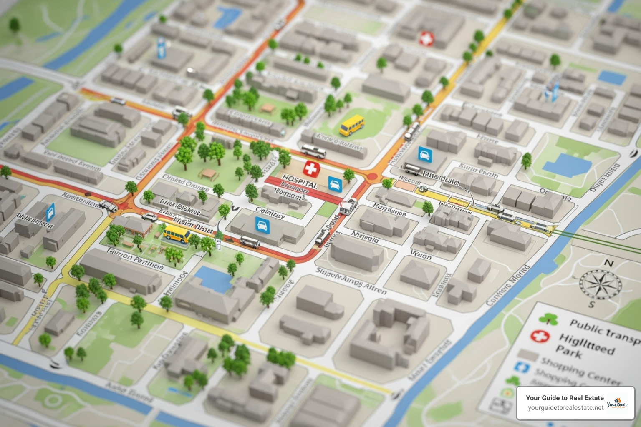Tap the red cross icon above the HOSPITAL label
click(310, 168)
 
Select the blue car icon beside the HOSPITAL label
click(335, 183)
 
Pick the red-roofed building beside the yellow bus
click(137, 226)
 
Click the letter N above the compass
click(609, 264)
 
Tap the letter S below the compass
click(591, 305)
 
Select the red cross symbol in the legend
click(539, 337)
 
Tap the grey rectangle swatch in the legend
click(527, 355)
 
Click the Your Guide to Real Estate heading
click(565, 398)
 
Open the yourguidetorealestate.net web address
click(565, 408)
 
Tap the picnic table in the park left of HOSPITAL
click(207, 172)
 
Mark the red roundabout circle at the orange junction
click(371, 177)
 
